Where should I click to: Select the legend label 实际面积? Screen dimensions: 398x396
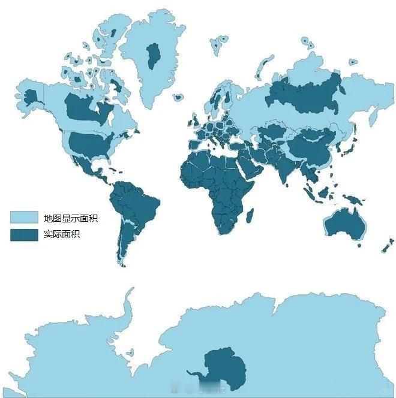62,234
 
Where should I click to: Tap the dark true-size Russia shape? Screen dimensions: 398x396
305,96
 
